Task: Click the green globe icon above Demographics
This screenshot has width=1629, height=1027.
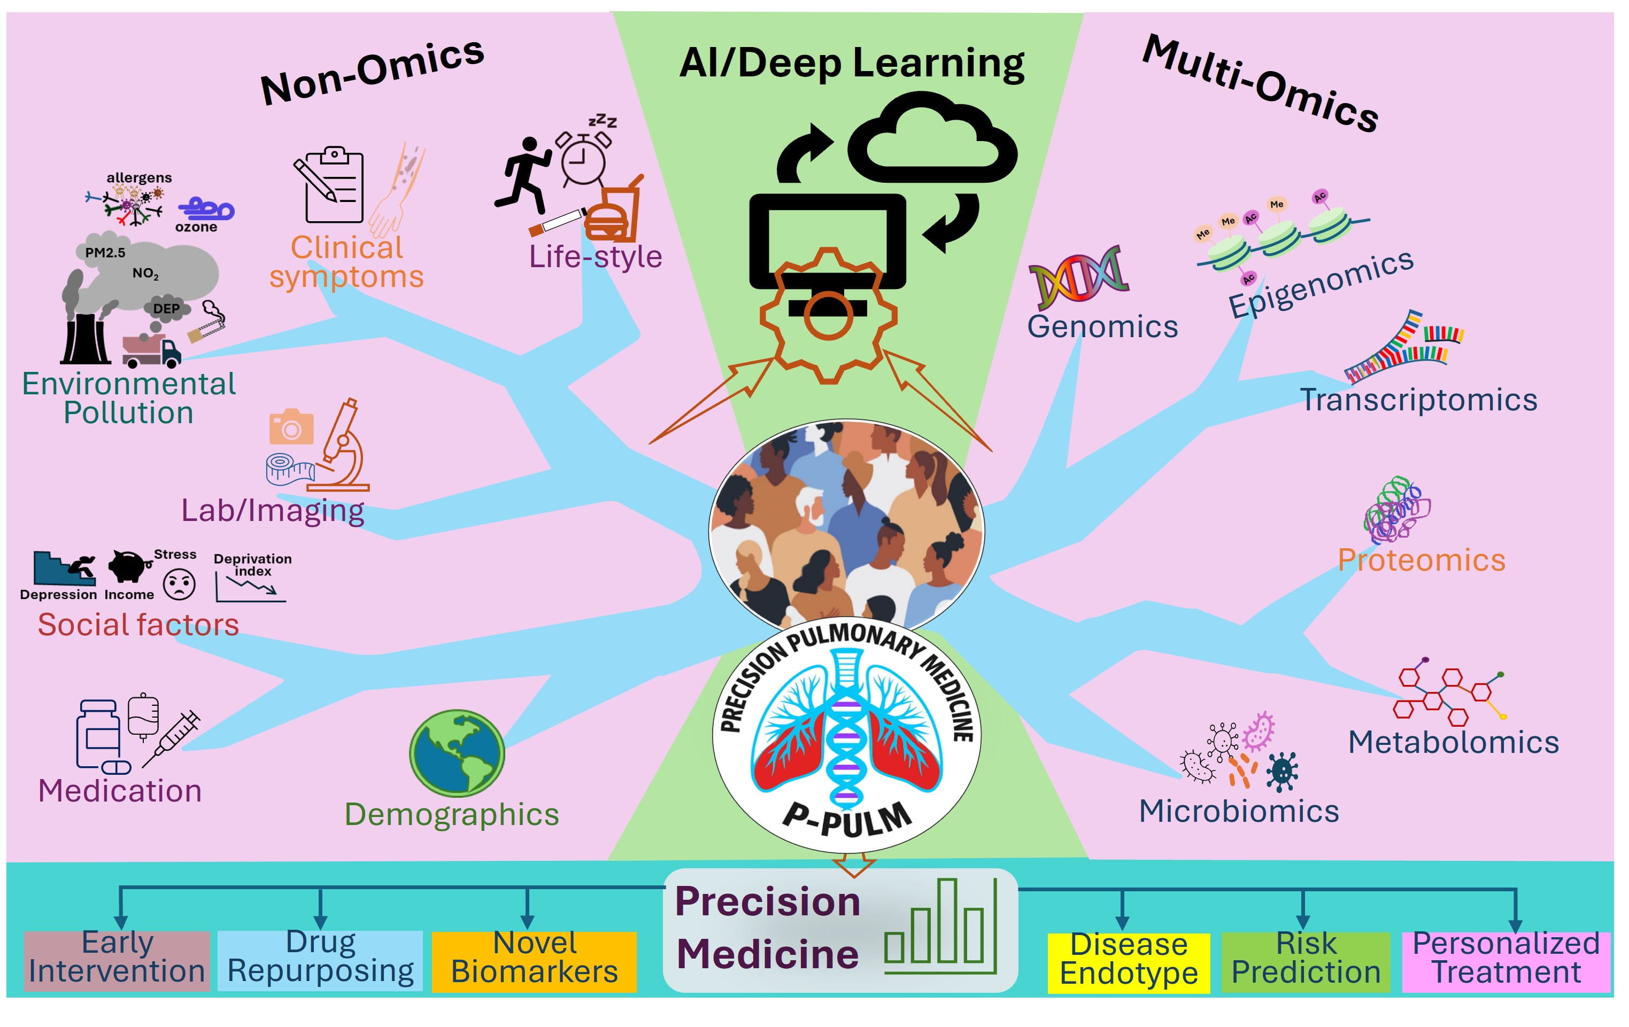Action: click(x=457, y=752)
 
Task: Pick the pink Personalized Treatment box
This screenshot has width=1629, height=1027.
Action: click(x=1506, y=961)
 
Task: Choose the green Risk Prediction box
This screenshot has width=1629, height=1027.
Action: click(x=1305, y=961)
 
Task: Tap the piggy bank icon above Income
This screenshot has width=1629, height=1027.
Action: click(x=128, y=565)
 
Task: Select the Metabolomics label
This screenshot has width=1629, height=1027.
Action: click(x=1453, y=742)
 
